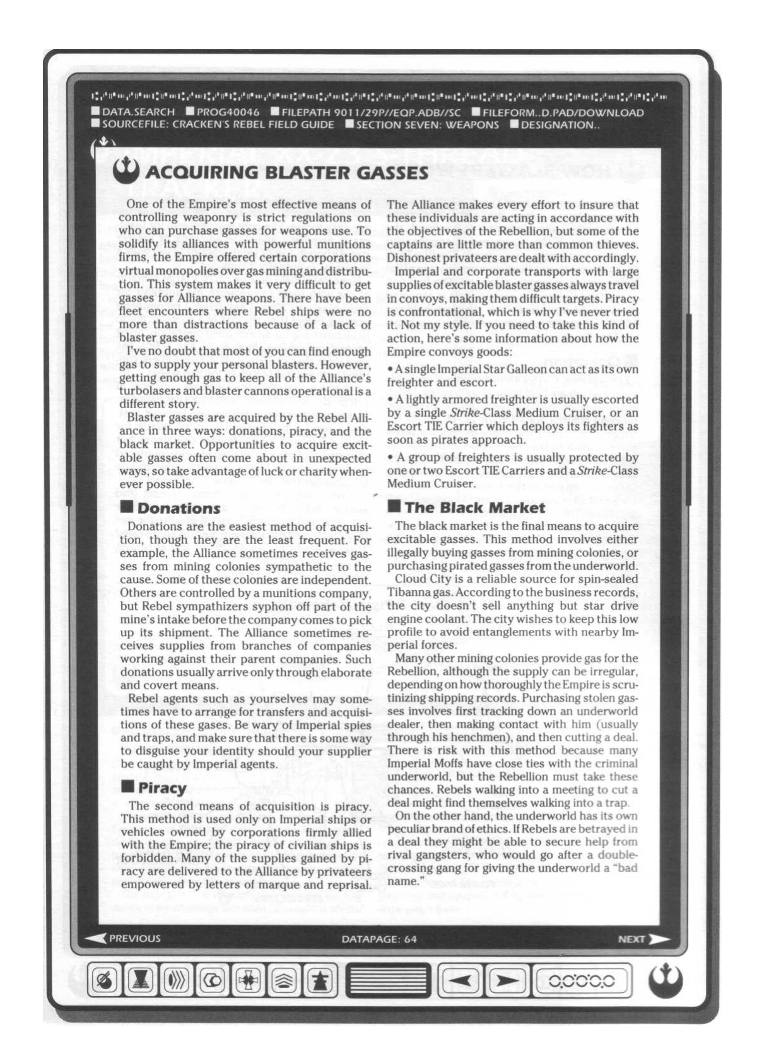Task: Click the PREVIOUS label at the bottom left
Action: point(134,938)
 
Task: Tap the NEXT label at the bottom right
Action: point(631,939)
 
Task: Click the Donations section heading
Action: point(179,508)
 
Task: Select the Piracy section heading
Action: point(161,788)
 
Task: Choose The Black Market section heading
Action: point(474,508)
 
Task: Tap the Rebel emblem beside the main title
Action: point(126,171)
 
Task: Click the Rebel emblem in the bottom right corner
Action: point(666,982)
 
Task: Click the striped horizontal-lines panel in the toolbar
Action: point(388,981)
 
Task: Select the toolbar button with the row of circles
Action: point(582,981)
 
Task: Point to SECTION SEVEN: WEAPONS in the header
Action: point(427,124)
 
